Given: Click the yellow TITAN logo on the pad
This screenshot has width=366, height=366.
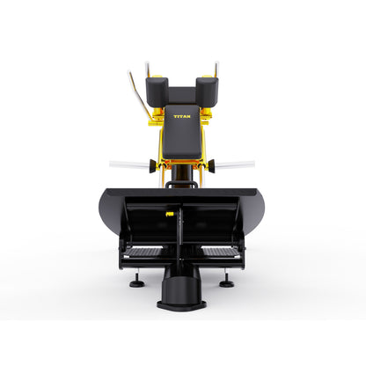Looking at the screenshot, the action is point(182,116).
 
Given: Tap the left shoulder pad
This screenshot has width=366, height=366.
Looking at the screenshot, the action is point(157,91).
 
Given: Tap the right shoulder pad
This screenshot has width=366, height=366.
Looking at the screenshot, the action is point(207,91).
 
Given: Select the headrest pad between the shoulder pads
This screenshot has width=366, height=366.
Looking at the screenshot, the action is point(182,96).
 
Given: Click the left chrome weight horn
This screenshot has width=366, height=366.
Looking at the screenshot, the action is point(129,165).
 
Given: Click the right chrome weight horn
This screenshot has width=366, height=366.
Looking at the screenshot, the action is point(235,165).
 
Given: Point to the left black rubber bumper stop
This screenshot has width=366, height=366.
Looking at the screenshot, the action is point(152,166).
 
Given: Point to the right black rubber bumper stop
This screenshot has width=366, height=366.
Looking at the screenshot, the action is point(212,166).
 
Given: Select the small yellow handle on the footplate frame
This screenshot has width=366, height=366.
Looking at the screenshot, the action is point(169,214).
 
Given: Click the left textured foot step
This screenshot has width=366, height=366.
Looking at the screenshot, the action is point(144,253).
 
